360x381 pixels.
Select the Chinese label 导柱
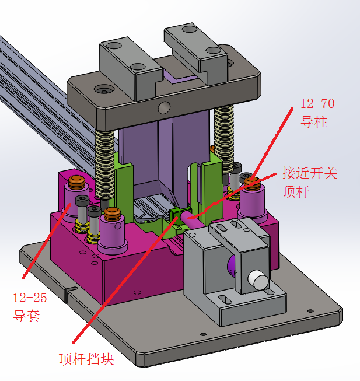coord(313,123)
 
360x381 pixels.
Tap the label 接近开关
coord(309,173)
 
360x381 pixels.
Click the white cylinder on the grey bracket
coord(257,281)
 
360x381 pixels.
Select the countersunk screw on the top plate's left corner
coord(105,90)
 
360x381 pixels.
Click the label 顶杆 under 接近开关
coord(295,191)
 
